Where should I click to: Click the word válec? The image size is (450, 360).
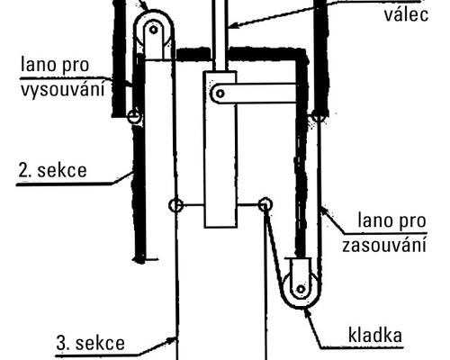[x=406, y=13]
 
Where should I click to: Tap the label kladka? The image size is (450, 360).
[x=375, y=335]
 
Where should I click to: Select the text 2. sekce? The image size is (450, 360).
[x=52, y=170]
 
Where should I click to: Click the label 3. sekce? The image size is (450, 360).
[x=90, y=343]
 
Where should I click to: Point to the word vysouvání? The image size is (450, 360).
[x=63, y=89]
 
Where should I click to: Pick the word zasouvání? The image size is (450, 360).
[x=384, y=246]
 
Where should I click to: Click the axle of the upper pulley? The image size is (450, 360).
[x=154, y=30]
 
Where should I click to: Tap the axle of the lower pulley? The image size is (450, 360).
[x=301, y=290]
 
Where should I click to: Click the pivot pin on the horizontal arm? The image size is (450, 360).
[x=220, y=94]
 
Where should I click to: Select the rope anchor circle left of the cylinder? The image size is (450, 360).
[x=175, y=205]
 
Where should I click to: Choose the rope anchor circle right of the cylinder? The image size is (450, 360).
[x=265, y=205]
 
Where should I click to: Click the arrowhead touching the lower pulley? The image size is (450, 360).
[x=307, y=313]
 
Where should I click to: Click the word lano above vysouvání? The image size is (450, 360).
[x=34, y=64]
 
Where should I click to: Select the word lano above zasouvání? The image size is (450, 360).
[x=371, y=220]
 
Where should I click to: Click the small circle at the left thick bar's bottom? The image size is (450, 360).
[x=134, y=116]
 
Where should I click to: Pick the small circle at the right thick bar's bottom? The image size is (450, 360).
[x=318, y=116]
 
